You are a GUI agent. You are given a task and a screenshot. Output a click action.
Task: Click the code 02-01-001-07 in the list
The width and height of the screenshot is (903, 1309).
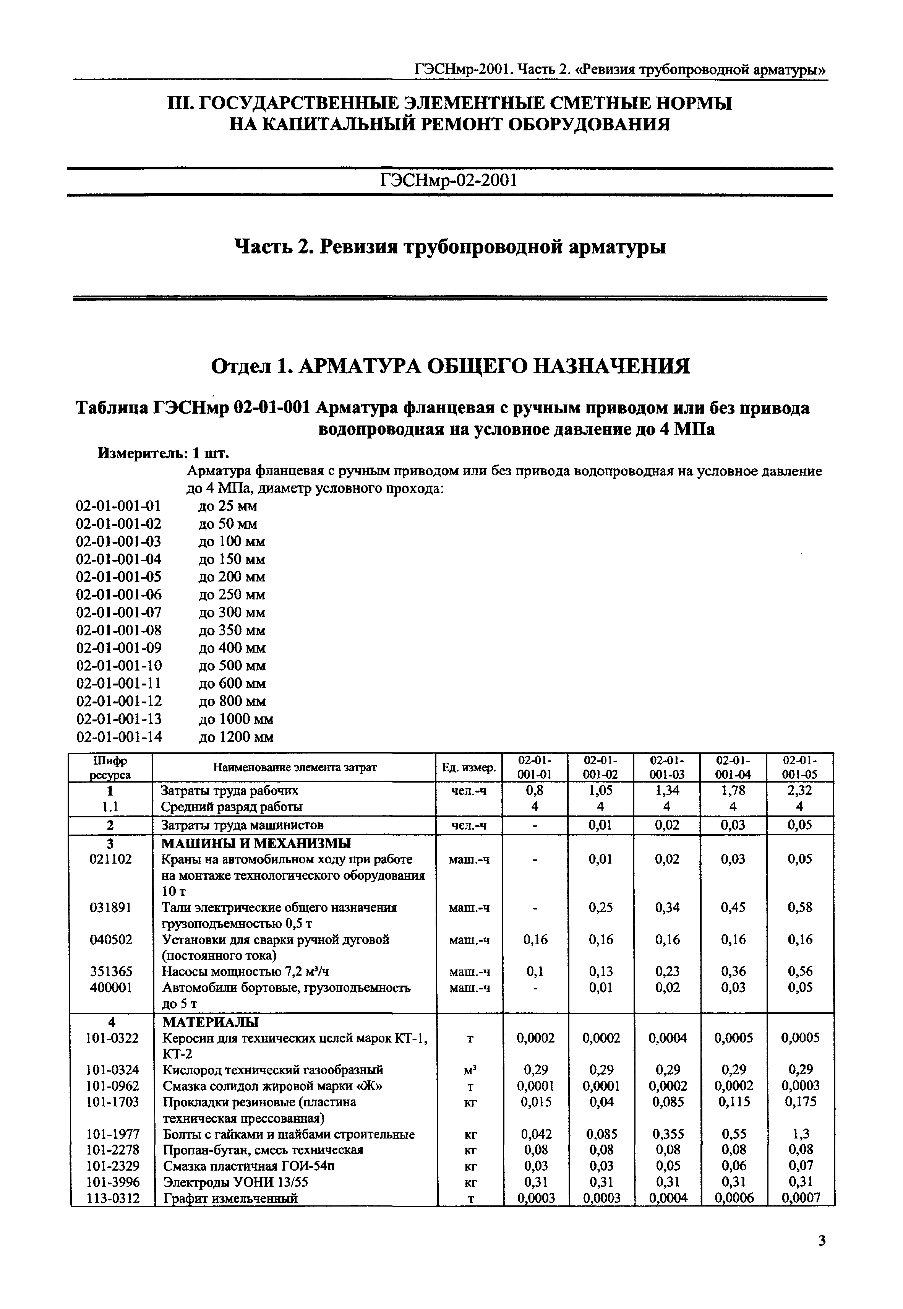[119, 612]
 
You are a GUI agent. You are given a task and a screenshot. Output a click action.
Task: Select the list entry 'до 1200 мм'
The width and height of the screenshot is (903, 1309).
[236, 737]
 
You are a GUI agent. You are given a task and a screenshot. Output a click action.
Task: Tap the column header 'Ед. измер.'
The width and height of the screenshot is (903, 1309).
[469, 768]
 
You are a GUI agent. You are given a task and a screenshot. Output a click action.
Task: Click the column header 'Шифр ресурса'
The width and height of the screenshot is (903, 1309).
[110, 768]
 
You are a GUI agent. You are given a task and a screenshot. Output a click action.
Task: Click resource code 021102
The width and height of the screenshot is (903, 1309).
[111, 859]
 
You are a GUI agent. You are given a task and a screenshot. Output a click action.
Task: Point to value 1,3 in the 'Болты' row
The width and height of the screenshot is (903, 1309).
[801, 1134]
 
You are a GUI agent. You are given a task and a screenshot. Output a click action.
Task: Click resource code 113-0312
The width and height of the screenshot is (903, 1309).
[113, 1198]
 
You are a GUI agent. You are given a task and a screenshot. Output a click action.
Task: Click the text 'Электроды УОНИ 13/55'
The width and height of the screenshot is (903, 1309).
[235, 1182]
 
